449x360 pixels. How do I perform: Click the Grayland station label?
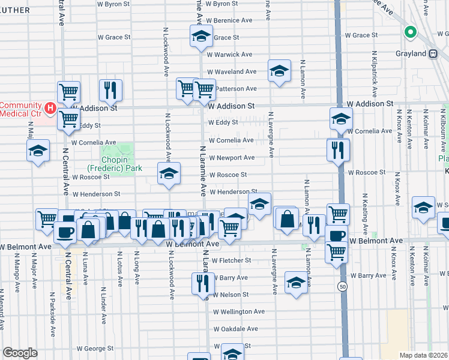pyautogui.click(x=411, y=54)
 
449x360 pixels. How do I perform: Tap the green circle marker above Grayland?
pyautogui.click(x=411, y=33)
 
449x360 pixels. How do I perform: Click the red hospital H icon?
pyautogui.click(x=51, y=108)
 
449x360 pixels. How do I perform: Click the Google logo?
pyautogui.click(x=20, y=353)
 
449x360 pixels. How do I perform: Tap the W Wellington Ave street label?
pyautogui.click(x=239, y=311)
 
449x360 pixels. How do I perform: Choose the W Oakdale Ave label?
pyautogui.click(x=235, y=329)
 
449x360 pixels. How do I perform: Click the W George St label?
pyautogui.click(x=95, y=348)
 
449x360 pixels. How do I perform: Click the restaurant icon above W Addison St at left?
pyautogui.click(x=110, y=90)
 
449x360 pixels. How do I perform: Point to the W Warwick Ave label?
pyautogui.click(x=230, y=54)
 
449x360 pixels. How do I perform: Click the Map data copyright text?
pyautogui.click(x=424, y=355)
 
